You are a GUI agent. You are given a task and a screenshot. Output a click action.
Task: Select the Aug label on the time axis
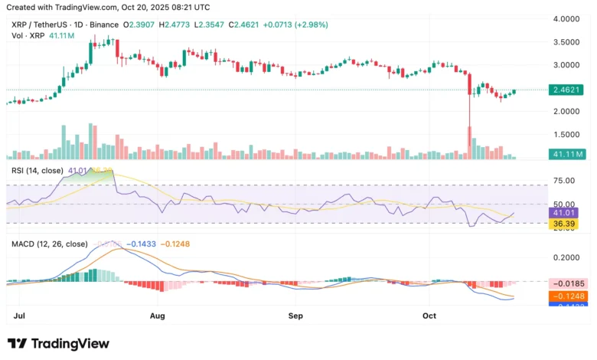click(158, 315)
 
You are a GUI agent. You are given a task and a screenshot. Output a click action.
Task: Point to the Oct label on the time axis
click(429, 315)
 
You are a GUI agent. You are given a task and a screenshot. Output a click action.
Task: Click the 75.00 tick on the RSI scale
click(565, 180)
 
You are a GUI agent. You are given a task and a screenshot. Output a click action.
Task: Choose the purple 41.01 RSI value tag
click(565, 213)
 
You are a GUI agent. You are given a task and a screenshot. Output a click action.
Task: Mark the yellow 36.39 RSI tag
click(565, 224)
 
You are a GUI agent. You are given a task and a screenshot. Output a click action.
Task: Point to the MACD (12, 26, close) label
click(48, 244)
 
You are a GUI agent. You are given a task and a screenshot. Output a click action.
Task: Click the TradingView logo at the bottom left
click(58, 343)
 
